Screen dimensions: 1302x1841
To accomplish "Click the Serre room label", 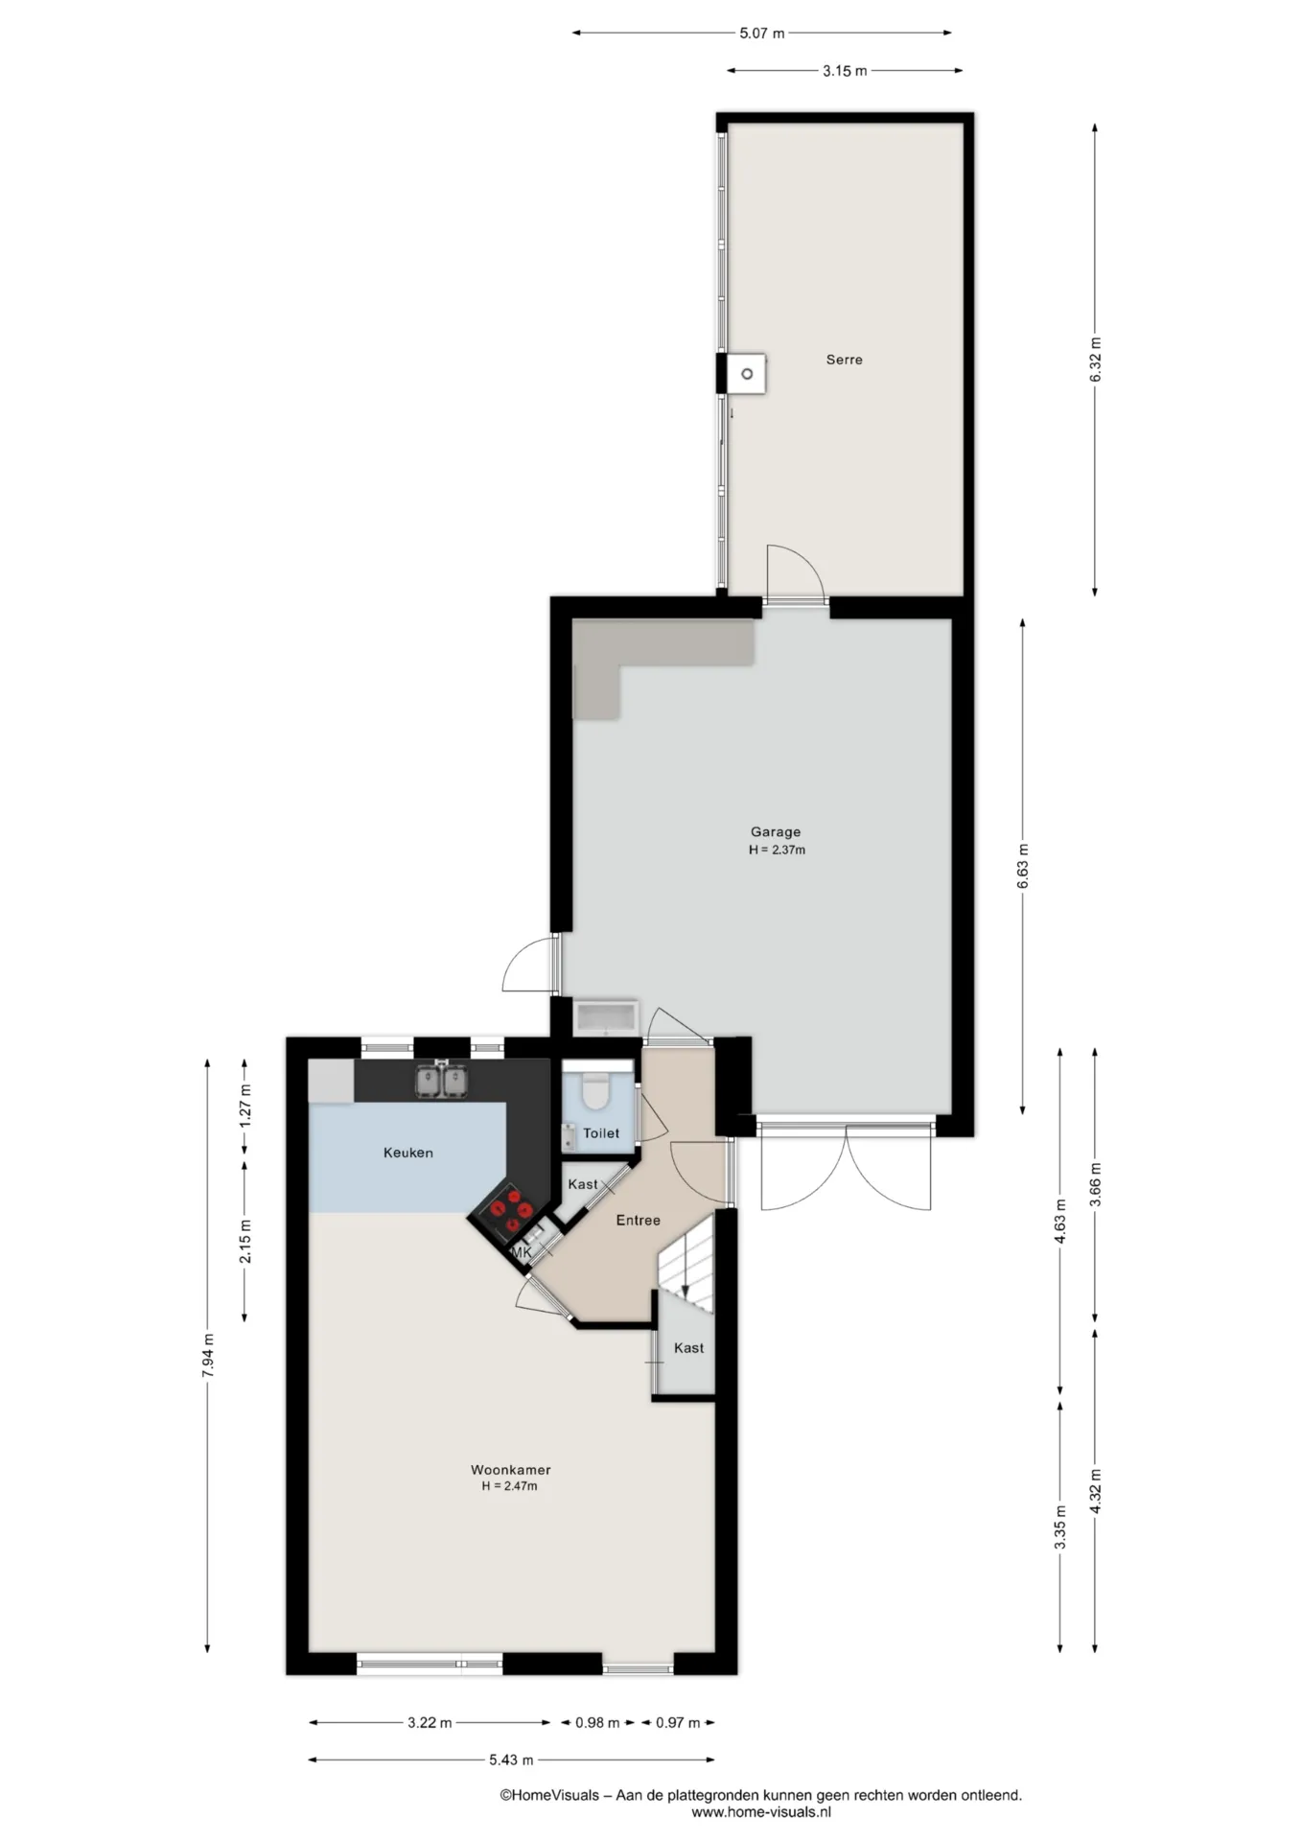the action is tap(844, 360).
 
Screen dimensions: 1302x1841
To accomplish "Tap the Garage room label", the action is tap(775, 832).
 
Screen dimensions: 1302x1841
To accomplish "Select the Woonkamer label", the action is tap(510, 1470).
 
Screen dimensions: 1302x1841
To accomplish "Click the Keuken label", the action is tap(408, 1153).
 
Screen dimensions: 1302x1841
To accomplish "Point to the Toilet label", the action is tap(601, 1133).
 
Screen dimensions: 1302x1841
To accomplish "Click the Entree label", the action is tap(638, 1221).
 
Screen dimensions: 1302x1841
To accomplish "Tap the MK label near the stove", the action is tap(522, 1252).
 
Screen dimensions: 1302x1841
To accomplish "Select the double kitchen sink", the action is tap(442, 1081).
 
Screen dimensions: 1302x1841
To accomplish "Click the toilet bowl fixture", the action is tap(596, 1088).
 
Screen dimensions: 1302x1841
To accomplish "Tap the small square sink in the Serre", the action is tap(746, 373).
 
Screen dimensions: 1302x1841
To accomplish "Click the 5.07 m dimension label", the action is tap(762, 34).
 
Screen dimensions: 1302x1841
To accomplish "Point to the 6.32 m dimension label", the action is tap(1096, 360).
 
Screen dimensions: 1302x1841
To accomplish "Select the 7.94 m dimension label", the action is tap(208, 1356).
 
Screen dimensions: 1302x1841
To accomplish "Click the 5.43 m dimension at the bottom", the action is tap(511, 1759).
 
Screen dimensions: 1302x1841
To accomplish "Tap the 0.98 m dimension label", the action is tap(597, 1722).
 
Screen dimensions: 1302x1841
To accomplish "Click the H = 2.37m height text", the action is tap(777, 850).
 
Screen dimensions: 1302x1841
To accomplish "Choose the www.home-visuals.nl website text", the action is tap(761, 1812).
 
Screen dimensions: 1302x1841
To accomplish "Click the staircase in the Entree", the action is tap(686, 1259).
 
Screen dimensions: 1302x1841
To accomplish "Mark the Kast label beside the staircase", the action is tap(688, 1348).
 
